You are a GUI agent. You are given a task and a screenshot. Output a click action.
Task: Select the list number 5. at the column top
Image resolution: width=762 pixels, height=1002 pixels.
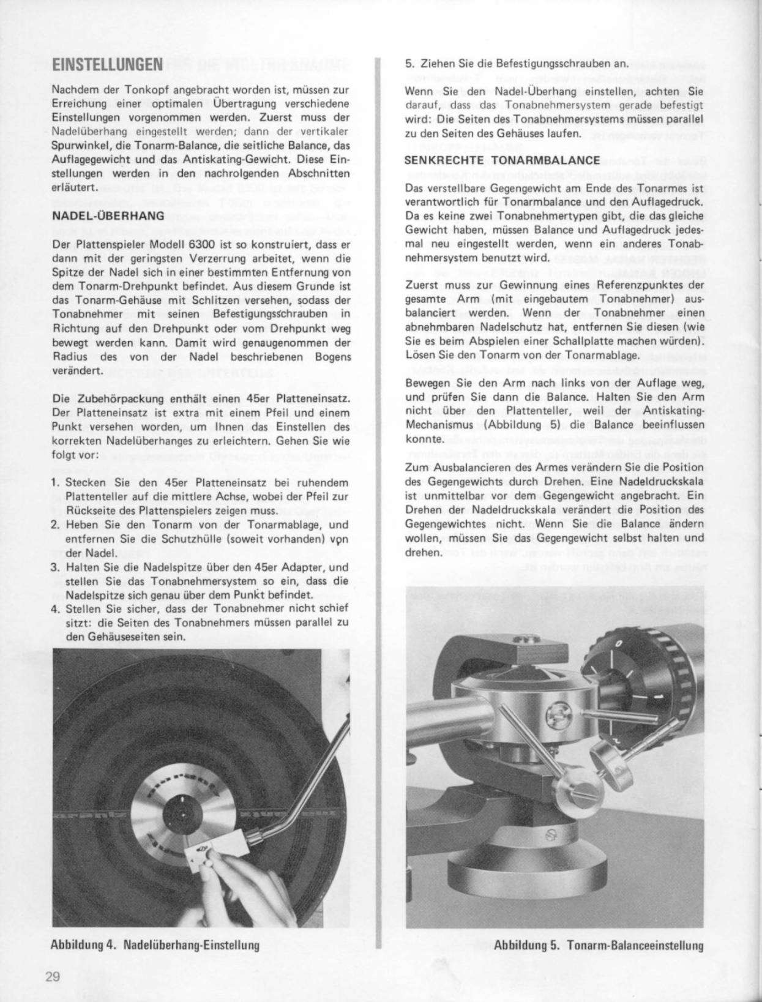pyautogui.click(x=409, y=64)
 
